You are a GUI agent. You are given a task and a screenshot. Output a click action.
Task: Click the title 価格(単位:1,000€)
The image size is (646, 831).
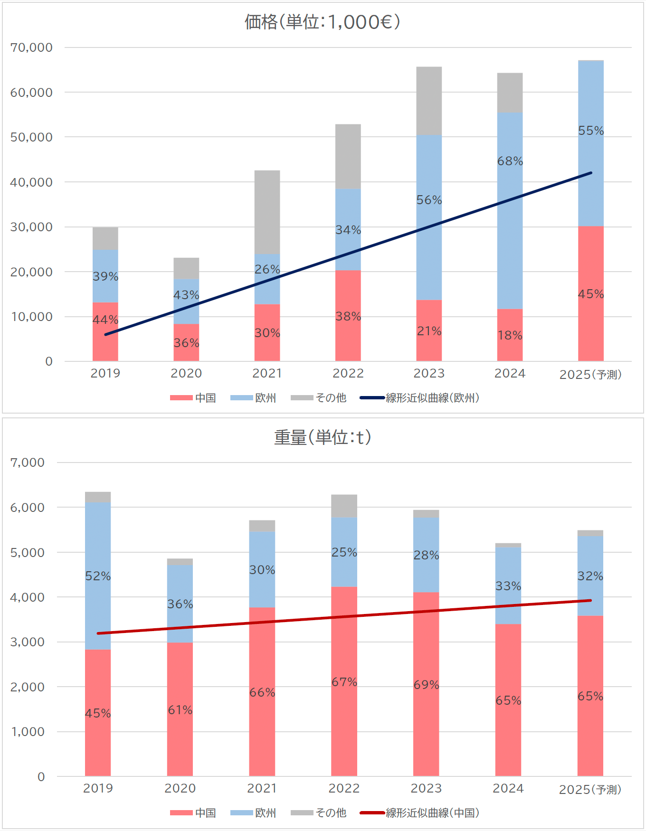(x=322, y=22)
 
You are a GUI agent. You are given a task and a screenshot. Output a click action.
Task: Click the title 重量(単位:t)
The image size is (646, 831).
(x=322, y=437)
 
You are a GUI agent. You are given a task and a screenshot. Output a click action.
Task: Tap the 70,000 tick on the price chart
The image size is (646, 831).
(x=31, y=47)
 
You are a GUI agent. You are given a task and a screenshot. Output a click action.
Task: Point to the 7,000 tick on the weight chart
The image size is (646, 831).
(x=28, y=463)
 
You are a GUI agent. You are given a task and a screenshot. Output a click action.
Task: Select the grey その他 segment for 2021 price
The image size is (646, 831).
(x=267, y=212)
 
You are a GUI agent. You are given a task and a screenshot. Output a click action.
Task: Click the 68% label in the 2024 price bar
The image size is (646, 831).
(x=510, y=161)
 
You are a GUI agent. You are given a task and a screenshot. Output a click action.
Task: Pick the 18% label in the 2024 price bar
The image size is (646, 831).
(x=510, y=336)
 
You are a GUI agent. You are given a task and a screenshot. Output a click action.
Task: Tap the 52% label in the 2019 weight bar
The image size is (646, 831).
(x=98, y=576)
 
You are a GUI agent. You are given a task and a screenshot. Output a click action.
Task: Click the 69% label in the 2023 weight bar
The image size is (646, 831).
(x=426, y=685)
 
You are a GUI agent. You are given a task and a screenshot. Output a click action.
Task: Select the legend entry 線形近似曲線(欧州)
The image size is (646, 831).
(x=420, y=398)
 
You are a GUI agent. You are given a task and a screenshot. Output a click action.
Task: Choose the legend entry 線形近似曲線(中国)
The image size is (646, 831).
(x=420, y=813)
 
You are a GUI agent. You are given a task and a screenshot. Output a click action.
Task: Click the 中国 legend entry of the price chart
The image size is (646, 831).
(x=193, y=398)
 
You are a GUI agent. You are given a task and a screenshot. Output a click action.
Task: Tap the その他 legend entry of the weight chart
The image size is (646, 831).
(x=319, y=813)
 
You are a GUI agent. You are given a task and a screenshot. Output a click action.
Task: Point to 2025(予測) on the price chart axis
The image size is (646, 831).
(x=590, y=375)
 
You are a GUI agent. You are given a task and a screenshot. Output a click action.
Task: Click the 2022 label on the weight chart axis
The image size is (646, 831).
(x=344, y=789)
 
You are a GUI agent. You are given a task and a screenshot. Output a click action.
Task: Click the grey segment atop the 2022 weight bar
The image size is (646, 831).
(x=344, y=506)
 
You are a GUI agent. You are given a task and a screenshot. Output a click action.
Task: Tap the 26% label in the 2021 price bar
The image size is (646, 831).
(x=267, y=270)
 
